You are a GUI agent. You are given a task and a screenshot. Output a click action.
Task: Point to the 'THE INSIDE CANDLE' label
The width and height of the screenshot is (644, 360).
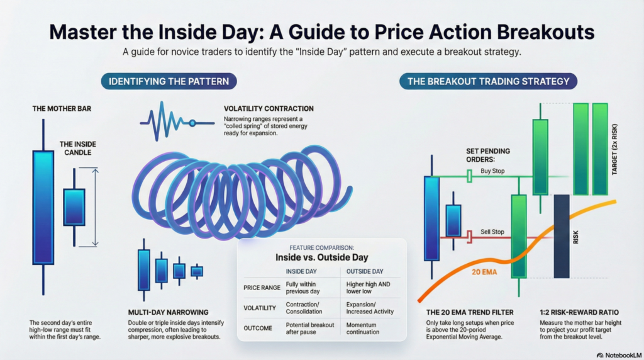(78, 149)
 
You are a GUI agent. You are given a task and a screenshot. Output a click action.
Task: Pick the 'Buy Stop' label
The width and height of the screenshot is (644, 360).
(494, 171)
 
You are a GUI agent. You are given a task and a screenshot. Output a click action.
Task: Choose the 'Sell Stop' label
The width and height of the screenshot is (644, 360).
(492, 232)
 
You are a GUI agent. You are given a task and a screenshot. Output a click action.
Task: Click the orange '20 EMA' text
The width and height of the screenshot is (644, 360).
(484, 273)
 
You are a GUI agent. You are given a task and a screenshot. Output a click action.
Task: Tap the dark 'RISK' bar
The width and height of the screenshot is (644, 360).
(561, 236)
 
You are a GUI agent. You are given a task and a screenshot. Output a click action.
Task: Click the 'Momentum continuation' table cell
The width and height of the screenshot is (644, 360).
(362, 329)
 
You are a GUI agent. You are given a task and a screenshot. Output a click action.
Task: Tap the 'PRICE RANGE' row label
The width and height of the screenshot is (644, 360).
(260, 288)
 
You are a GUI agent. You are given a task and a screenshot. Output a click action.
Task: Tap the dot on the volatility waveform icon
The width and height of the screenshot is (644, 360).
(192, 123)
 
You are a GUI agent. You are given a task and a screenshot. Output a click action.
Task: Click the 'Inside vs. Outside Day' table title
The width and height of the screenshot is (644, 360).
(321, 257)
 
